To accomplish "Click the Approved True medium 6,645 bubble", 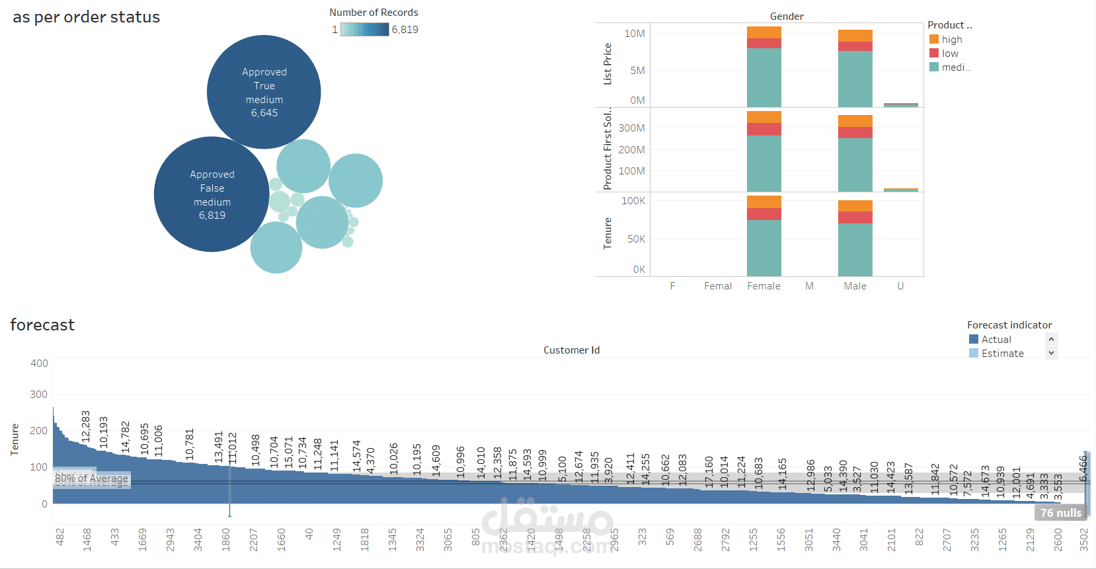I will pyautogui.click(x=264, y=92).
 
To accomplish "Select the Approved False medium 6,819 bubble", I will pyautogui.click(x=212, y=194).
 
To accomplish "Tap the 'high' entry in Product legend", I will pyautogui.click(x=951, y=40).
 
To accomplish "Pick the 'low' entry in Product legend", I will pyautogui.click(x=950, y=54).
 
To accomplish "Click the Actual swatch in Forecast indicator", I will pyautogui.click(x=974, y=340).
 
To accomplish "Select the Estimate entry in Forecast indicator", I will pyautogui.click(x=1002, y=354).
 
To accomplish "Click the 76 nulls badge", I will pyautogui.click(x=1060, y=513).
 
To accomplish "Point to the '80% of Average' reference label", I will pyautogui.click(x=91, y=479).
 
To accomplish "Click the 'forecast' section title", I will pyautogui.click(x=42, y=325).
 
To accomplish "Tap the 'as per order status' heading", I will pyautogui.click(x=86, y=17).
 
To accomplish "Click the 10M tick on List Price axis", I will pyautogui.click(x=635, y=34).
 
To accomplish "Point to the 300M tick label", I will pyautogui.click(x=631, y=128).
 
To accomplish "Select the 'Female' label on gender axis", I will pyautogui.click(x=763, y=286).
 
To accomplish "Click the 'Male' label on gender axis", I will pyautogui.click(x=855, y=286).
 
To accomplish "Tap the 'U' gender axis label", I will pyautogui.click(x=900, y=286).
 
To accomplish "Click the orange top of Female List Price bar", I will pyautogui.click(x=763, y=32).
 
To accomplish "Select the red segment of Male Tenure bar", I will pyautogui.click(x=855, y=217).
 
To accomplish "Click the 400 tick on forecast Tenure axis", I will pyautogui.click(x=39, y=363).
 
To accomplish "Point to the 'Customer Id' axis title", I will pyautogui.click(x=571, y=350).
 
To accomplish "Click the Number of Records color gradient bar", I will pyautogui.click(x=364, y=30).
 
